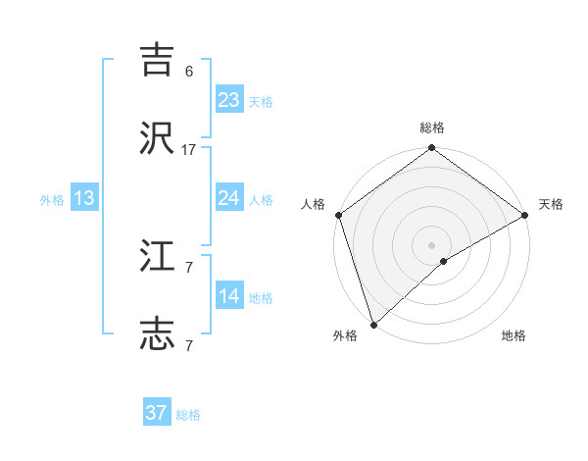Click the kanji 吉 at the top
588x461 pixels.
click(157, 59)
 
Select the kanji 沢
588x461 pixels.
click(157, 138)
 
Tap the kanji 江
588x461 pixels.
click(157, 256)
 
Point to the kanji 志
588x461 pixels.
click(157, 334)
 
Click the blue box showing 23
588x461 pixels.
click(228, 100)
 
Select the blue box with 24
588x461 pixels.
click(228, 198)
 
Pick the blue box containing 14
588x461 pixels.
click(228, 296)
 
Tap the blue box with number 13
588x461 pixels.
click(84, 198)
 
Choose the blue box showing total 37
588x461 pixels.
click(157, 413)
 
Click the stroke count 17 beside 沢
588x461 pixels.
click(189, 150)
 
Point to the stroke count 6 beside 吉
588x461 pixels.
click(189, 72)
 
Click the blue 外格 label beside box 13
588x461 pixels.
click(52, 200)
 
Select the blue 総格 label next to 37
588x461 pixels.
click(188, 415)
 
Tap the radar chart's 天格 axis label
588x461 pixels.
click(551, 204)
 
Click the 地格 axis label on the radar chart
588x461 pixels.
click(514, 336)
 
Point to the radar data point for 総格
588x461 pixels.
click(431, 148)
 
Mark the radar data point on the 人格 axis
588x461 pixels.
click(338, 215)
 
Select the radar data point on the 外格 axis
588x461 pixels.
click(373, 324)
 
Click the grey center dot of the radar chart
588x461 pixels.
click(431, 244)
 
